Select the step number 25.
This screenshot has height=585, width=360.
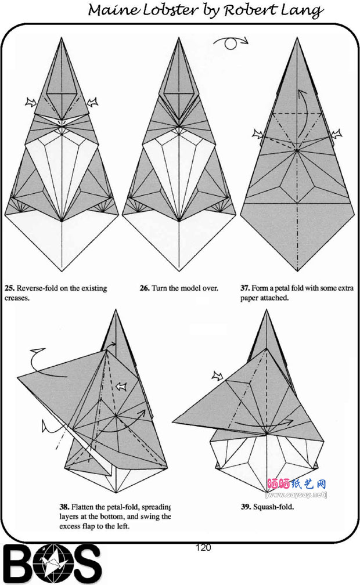tap(9, 288)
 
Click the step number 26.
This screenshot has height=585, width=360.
tap(145, 288)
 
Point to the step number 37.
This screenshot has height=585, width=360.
tap(245, 288)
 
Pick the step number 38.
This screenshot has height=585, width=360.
tap(64, 507)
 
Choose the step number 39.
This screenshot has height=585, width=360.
tap(246, 507)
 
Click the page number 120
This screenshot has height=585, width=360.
tap(203, 547)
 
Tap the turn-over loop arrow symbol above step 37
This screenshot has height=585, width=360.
tap(231, 43)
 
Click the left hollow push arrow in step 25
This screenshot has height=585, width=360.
tap(31, 102)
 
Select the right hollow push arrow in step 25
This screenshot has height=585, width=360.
tap(92, 102)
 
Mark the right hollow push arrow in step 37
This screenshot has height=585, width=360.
tap(336, 133)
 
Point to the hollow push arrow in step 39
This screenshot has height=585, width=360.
tap(218, 375)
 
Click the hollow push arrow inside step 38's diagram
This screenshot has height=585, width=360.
tap(121, 387)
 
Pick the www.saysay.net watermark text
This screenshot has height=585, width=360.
tap(296, 494)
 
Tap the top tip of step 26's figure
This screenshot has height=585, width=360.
tap(179, 38)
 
